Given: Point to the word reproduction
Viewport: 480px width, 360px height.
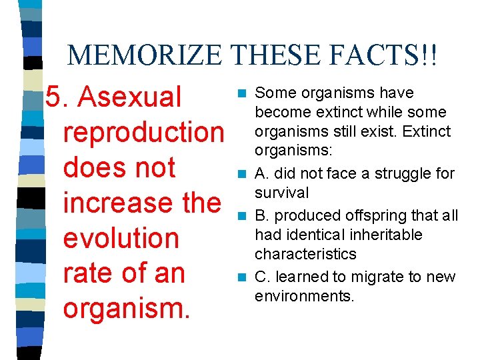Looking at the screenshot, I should (143, 133).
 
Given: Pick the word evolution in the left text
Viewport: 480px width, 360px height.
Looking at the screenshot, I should (121, 239).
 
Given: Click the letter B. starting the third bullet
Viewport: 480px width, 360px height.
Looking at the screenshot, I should (263, 215).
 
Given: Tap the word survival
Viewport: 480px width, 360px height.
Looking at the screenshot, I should (282, 193).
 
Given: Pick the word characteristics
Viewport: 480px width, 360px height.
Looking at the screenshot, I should (305, 254).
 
